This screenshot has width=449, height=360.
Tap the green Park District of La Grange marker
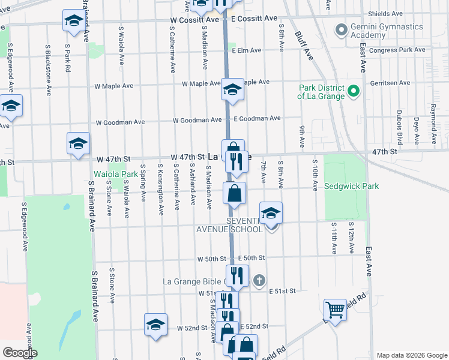(354, 92)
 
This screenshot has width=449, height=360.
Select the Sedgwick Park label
(352, 187)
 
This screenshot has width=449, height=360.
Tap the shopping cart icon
(335, 310)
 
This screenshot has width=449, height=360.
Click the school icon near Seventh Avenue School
(271, 212)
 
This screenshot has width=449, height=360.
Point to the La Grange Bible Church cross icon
(259, 280)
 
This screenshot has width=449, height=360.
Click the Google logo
(19, 353)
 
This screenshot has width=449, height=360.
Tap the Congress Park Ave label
(397, 50)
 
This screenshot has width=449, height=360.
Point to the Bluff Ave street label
(305, 47)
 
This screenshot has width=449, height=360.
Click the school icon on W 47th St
(78, 143)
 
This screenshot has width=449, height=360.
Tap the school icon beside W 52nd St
(155, 325)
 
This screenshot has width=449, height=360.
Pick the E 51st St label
(282, 291)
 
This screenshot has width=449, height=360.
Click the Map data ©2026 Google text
(411, 355)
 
